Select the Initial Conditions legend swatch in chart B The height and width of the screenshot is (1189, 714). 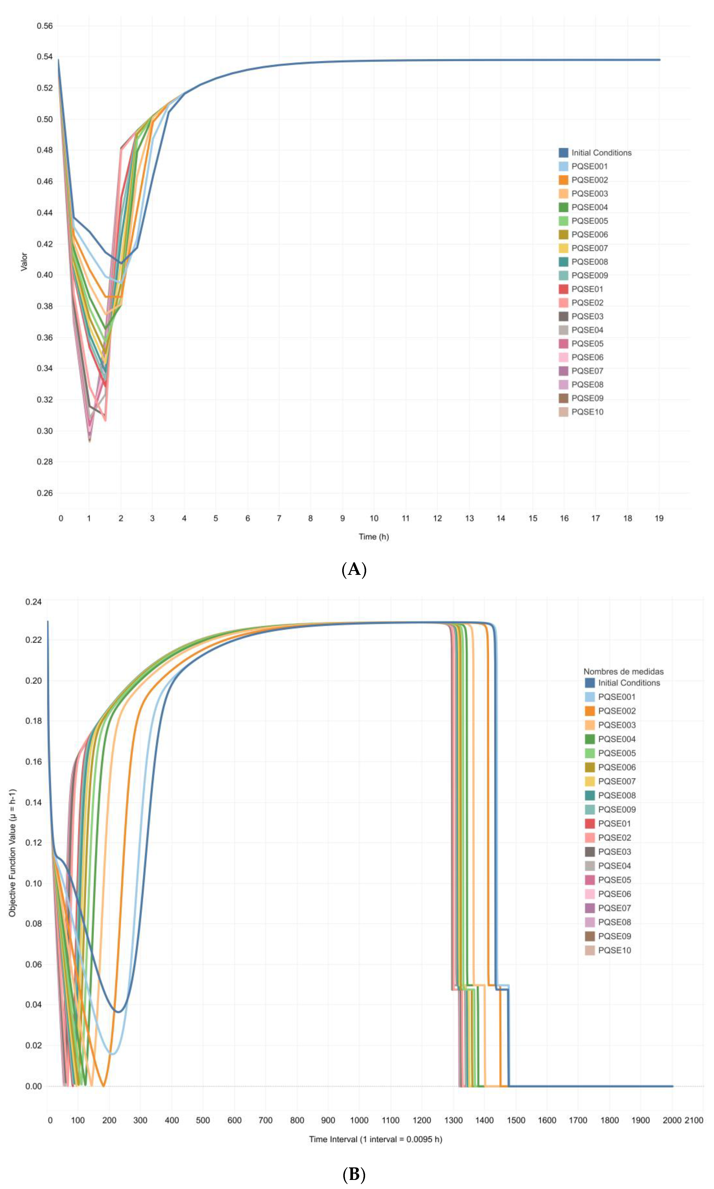coord(590,683)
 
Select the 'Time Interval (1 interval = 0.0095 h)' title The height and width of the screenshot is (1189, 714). coord(375,1139)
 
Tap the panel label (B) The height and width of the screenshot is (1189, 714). coord(354,1175)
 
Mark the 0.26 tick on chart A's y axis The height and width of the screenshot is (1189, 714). coord(45,493)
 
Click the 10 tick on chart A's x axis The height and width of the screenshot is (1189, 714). coord(374,518)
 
